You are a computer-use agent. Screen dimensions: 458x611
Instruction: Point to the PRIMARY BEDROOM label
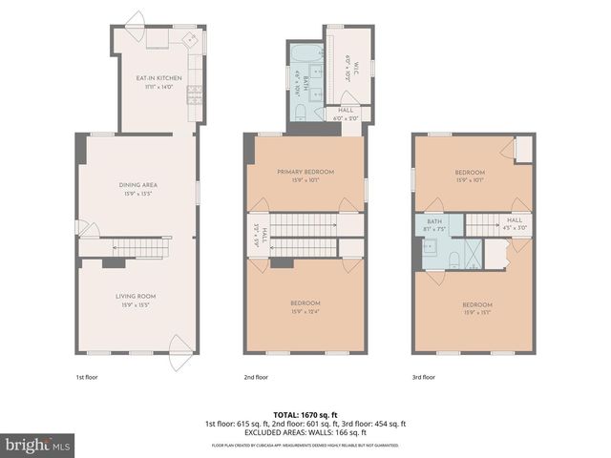pyautogui.click(x=305, y=172)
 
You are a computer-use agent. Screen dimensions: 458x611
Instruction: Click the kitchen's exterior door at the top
pyautogui.click(x=134, y=21)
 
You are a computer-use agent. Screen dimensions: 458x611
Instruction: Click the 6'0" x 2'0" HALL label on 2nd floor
pyautogui.click(x=345, y=114)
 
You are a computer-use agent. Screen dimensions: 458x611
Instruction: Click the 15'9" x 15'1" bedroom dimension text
pyautogui.click(x=476, y=312)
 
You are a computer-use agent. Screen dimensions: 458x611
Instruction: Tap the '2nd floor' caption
pyautogui.click(x=256, y=377)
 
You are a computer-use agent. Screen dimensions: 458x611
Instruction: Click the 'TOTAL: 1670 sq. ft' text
pyautogui.click(x=305, y=415)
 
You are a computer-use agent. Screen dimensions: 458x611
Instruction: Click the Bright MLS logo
pyautogui.click(x=38, y=446)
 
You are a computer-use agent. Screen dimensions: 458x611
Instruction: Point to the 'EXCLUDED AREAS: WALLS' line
pyautogui.click(x=305, y=432)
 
